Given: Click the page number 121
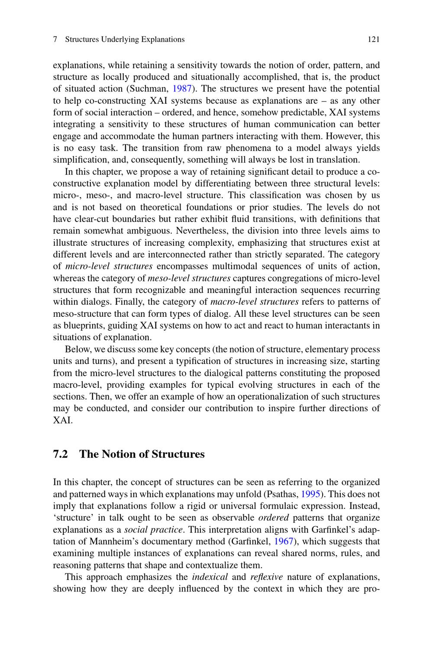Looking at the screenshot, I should tap(373, 39).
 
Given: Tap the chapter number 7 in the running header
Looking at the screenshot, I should tap(55, 39).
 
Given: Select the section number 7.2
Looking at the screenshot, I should tap(61, 454).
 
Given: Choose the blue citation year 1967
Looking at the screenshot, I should tap(284, 541).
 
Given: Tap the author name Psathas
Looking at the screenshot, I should tap(282, 494).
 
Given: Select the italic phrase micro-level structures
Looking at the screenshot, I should tap(109, 266).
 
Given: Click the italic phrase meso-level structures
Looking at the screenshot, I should tap(189, 278).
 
